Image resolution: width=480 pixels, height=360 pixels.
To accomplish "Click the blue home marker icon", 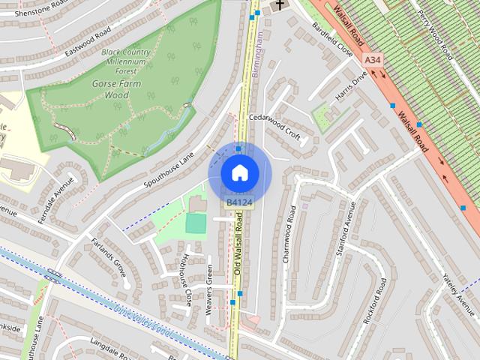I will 239,172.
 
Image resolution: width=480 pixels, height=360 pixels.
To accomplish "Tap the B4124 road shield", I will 239,202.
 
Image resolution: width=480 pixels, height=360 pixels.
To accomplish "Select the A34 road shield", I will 371,58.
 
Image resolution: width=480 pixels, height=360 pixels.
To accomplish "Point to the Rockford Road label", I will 374,300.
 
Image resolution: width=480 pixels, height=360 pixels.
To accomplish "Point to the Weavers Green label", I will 209,289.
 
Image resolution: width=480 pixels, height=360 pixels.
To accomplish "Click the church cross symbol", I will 279,5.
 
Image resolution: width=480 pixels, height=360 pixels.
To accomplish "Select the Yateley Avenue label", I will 460,292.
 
